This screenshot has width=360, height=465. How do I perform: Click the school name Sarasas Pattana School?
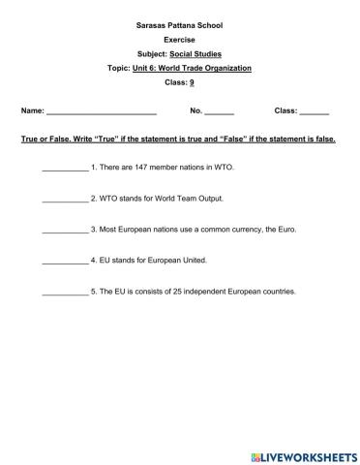coord(179,18)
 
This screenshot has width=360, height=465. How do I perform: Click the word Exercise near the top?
coord(179,35)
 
